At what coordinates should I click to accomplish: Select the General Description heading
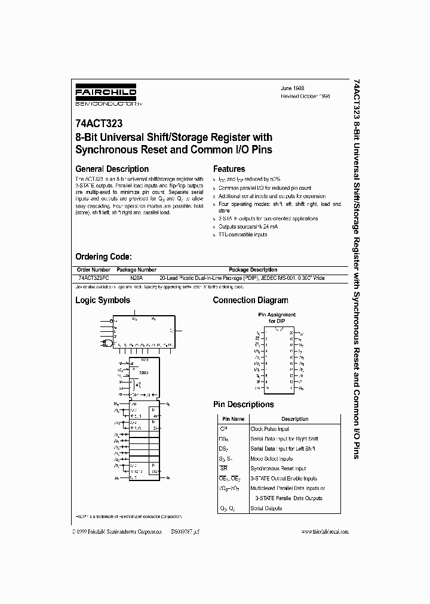pyautogui.click(x=112, y=169)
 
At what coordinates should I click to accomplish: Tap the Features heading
pyautogui.click(x=229, y=169)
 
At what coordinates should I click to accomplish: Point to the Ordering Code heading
pyautogui.click(x=103, y=257)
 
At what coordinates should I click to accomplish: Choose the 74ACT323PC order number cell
pyautogui.click(x=94, y=278)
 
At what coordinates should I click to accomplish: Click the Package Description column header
pyautogui.click(x=253, y=270)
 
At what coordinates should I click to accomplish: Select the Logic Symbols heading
pyautogui.click(x=102, y=300)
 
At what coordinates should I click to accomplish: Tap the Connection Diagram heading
pyautogui.click(x=250, y=300)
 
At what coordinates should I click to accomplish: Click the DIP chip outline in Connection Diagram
pyautogui.click(x=278, y=360)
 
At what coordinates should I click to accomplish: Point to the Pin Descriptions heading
pyautogui.click(x=243, y=404)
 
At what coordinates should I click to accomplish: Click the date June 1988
pyautogui.click(x=293, y=87)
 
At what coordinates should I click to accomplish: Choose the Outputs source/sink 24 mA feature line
pyautogui.click(x=248, y=227)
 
